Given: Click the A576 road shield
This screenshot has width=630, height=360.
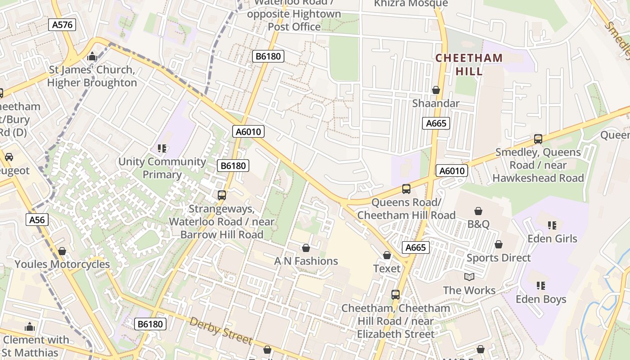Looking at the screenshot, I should pyautogui.click(x=62, y=25).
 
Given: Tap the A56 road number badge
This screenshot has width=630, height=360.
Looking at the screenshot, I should pyautogui.click(x=37, y=220).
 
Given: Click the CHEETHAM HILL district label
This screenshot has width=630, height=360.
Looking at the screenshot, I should pyautogui.click(x=469, y=64).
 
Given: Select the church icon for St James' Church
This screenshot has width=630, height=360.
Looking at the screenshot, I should pyautogui.click(x=92, y=57).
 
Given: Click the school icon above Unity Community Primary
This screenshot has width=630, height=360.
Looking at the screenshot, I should pyautogui.click(x=162, y=148).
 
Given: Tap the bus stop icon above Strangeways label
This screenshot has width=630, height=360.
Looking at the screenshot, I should pyautogui.click(x=221, y=195).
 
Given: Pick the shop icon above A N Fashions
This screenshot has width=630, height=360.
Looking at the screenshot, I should pyautogui.click(x=306, y=248).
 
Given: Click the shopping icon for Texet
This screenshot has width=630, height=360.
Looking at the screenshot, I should pyautogui.click(x=387, y=256).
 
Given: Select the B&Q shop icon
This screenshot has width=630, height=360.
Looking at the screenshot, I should pyautogui.click(x=478, y=211).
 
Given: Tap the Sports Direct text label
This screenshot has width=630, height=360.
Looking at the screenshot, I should pyautogui.click(x=499, y=258).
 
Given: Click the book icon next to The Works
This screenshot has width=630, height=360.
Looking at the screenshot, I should pyautogui.click(x=469, y=277).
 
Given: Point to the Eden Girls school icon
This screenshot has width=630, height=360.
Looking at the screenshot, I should pyautogui.click(x=552, y=225).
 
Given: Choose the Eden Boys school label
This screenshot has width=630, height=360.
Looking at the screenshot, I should pyautogui.click(x=540, y=299).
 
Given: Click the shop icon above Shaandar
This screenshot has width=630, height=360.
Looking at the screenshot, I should pyautogui.click(x=436, y=90).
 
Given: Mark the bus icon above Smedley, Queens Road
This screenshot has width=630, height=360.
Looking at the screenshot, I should pyautogui.click(x=538, y=139).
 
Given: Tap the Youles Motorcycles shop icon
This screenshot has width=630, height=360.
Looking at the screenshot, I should pyautogui.click(x=62, y=251).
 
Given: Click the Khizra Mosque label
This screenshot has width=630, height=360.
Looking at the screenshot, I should pyautogui.click(x=411, y=4).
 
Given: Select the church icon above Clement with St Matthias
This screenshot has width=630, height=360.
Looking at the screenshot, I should pyautogui.click(x=30, y=326).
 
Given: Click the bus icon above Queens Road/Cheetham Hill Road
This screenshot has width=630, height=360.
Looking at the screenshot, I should pyautogui.click(x=406, y=189).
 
